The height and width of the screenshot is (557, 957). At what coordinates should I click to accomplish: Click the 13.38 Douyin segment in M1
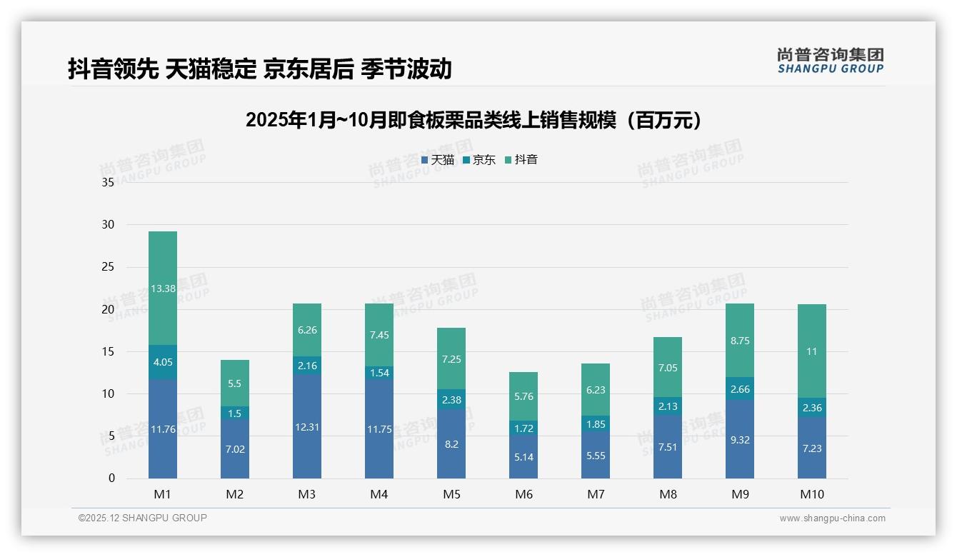pos(163,288)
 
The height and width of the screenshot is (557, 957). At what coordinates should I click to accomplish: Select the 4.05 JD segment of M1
pos(163,362)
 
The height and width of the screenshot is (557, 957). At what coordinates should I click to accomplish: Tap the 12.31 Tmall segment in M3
pos(307,427)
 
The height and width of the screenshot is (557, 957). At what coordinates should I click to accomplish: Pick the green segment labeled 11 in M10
pos(812,351)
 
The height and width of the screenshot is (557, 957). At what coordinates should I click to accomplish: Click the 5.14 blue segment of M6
pos(523,457)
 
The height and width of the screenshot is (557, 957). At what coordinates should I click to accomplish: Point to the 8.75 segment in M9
pos(740,341)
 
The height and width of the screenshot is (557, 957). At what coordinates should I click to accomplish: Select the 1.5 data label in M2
pos(235,413)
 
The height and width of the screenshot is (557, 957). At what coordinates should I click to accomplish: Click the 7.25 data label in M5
pos(451,359)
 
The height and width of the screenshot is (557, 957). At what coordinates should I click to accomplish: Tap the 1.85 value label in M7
pos(596,424)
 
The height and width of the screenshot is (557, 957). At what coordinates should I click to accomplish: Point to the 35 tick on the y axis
pos(108,183)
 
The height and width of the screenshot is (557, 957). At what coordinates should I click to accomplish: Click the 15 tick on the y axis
pos(108,351)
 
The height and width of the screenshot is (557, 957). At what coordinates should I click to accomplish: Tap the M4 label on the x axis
pos(379,494)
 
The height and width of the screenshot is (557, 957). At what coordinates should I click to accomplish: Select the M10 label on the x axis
pos(812,494)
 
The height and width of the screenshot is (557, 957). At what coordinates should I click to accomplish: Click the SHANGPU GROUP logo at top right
pos(830,61)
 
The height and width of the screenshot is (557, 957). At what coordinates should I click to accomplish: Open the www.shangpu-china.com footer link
pos(832,518)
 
